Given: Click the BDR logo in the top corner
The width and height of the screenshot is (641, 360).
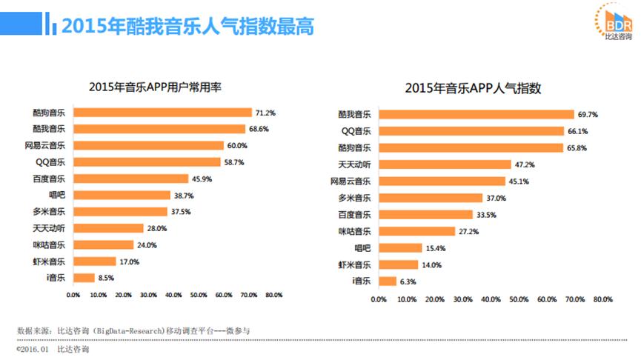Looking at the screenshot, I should click(x=615, y=23).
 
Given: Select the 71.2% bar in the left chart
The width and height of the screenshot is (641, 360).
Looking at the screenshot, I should click(x=164, y=113).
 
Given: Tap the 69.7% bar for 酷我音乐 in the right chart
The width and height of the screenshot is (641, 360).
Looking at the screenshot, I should click(x=476, y=114).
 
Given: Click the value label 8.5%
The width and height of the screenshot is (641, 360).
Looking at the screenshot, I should click(x=105, y=278).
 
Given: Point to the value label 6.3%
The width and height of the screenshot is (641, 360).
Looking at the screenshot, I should click(x=408, y=281).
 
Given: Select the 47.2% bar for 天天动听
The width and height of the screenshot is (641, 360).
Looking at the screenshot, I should click(x=444, y=164).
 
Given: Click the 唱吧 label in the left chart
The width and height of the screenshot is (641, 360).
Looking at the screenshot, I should click(x=56, y=196).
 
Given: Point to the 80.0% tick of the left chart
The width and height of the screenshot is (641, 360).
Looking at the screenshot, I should click(x=273, y=295).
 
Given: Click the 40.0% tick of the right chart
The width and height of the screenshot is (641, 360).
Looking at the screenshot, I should click(x=491, y=299).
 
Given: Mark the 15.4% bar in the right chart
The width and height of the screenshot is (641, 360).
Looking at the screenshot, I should click(x=399, y=247).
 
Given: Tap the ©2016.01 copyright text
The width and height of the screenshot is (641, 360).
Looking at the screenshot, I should click(x=33, y=347).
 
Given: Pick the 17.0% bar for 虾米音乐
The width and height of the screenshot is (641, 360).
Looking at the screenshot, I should click(x=96, y=261).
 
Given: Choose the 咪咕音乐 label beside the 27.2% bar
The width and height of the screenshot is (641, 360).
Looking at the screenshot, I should click(x=355, y=231).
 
